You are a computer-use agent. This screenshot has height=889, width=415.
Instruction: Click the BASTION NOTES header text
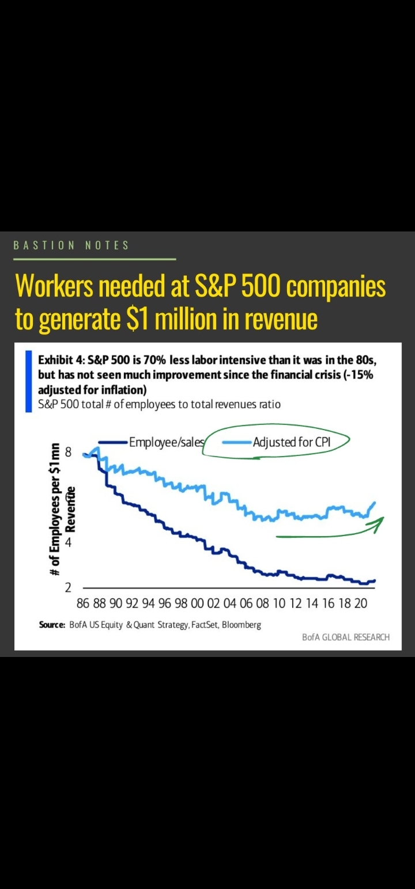point(71,245)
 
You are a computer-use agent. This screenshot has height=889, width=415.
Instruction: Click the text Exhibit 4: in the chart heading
point(61,359)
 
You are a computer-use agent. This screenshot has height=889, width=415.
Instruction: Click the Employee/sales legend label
point(167,442)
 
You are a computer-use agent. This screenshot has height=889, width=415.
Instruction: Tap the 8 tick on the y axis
point(68,453)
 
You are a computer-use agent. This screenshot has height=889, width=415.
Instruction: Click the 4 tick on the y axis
point(68,542)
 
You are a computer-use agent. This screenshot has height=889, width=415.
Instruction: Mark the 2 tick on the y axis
point(68,588)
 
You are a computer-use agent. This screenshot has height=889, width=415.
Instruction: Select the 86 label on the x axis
point(84,603)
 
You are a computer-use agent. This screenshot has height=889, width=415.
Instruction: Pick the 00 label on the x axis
point(198,603)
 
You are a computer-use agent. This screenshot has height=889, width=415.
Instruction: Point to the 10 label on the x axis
point(280,603)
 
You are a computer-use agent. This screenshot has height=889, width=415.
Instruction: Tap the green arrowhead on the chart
point(378,522)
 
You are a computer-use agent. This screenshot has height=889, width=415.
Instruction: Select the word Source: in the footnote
point(52,625)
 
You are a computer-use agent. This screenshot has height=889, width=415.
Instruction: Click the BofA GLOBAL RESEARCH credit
point(346,637)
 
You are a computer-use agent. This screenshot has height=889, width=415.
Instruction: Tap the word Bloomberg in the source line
point(241,625)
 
